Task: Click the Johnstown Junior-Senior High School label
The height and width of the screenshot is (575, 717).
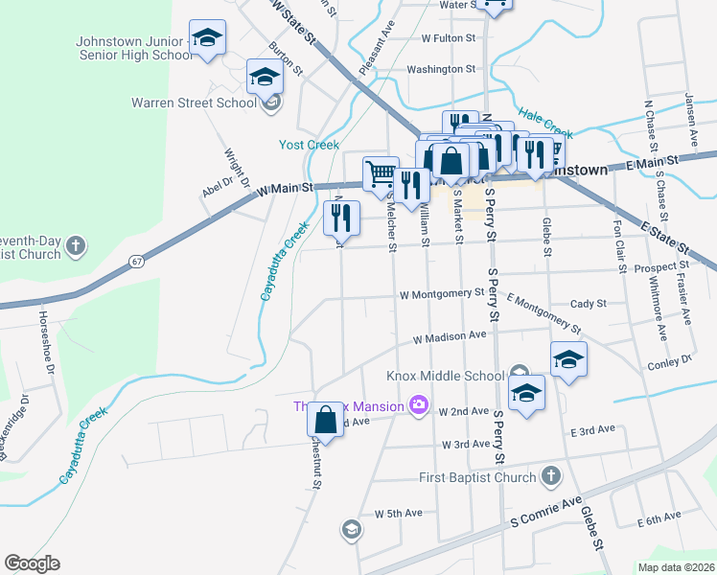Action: pos(134,48)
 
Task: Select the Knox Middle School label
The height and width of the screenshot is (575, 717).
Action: pos(445,376)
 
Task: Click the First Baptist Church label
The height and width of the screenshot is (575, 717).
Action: pos(479,477)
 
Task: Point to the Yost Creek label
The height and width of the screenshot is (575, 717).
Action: pos(309,145)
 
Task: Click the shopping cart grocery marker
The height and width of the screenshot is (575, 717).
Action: pos(381,173)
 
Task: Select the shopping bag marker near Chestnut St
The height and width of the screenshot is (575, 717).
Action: pos(325,419)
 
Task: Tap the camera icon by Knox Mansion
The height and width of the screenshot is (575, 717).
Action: pos(418,405)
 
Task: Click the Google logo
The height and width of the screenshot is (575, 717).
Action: pos(32,563)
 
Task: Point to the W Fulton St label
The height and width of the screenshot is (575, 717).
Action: pos(449,38)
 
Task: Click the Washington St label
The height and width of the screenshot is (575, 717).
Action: pos(441,69)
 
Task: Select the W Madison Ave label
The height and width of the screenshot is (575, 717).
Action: pos(450,337)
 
